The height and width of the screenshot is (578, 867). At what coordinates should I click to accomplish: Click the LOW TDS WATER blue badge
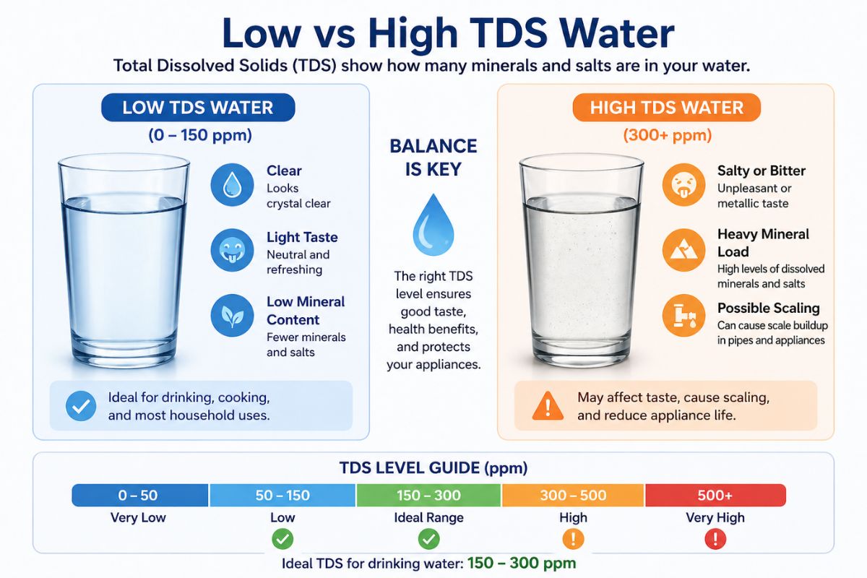[x=198, y=108]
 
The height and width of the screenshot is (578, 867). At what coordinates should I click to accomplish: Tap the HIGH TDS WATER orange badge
[x=666, y=108]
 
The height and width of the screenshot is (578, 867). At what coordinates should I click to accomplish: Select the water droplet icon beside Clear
[x=231, y=184]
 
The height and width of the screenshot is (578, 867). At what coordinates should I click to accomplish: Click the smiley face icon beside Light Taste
[x=231, y=251]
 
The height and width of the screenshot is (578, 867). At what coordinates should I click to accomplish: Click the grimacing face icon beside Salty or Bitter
[x=683, y=184]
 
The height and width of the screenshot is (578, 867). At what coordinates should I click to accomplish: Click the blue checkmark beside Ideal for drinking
[x=81, y=406]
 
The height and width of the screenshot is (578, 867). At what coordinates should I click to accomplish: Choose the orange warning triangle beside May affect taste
[x=548, y=406]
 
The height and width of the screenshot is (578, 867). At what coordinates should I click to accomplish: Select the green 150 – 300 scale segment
[x=428, y=496]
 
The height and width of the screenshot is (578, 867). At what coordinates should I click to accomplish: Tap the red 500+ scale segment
[x=715, y=496]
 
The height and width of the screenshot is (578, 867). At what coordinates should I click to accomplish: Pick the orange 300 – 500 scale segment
[x=573, y=496]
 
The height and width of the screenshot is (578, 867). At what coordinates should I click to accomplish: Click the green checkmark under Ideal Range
[x=428, y=539]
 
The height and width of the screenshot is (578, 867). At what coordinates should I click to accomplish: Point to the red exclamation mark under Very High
[x=715, y=539]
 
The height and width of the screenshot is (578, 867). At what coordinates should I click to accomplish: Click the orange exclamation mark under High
[x=573, y=539]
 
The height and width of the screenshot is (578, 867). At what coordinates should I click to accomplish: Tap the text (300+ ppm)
[x=667, y=135]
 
